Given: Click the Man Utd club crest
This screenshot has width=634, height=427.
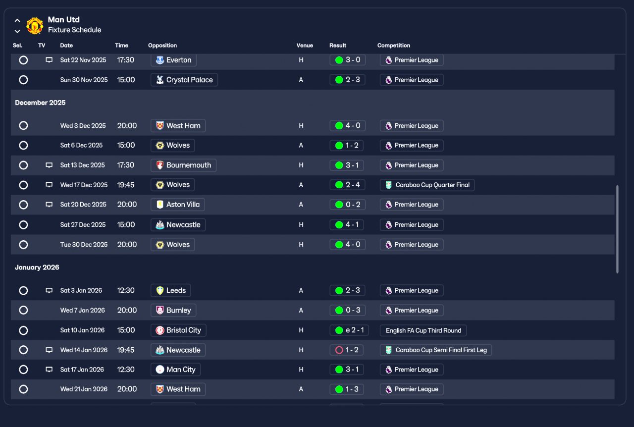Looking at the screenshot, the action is (x=35, y=25).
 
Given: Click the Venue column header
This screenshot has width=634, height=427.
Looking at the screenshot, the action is (x=305, y=45).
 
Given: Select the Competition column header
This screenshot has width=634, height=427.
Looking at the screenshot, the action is (x=393, y=45).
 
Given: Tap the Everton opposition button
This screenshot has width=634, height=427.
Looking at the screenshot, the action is (x=173, y=60).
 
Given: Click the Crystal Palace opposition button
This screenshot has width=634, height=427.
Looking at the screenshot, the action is (x=184, y=80).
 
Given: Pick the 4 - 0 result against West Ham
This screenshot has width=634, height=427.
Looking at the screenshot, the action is (x=347, y=125).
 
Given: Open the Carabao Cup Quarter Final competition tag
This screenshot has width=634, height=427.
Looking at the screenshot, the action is (x=427, y=185).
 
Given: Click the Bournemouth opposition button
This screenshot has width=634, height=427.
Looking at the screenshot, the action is (x=183, y=165).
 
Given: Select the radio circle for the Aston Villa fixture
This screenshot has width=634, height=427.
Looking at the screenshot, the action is (x=23, y=205).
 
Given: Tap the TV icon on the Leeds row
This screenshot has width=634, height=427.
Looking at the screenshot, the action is (x=49, y=290).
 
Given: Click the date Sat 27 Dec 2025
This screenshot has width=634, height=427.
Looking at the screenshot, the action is (x=83, y=225).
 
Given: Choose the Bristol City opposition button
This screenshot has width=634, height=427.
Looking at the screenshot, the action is (x=178, y=330).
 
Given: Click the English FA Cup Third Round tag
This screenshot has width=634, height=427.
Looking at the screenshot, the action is (x=423, y=330).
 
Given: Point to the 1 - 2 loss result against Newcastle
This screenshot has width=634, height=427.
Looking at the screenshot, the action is (x=346, y=350).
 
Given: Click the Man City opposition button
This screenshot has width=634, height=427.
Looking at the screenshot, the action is (x=175, y=370).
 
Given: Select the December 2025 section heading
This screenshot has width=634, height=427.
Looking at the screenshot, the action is (x=40, y=103).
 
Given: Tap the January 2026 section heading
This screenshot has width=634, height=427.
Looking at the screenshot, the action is (x=37, y=267).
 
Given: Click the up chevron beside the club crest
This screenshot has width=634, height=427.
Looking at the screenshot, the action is (x=17, y=20).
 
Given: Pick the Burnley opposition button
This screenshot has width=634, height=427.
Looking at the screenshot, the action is (x=173, y=310).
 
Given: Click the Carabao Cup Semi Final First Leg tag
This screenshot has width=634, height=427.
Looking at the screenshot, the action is (x=436, y=350).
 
